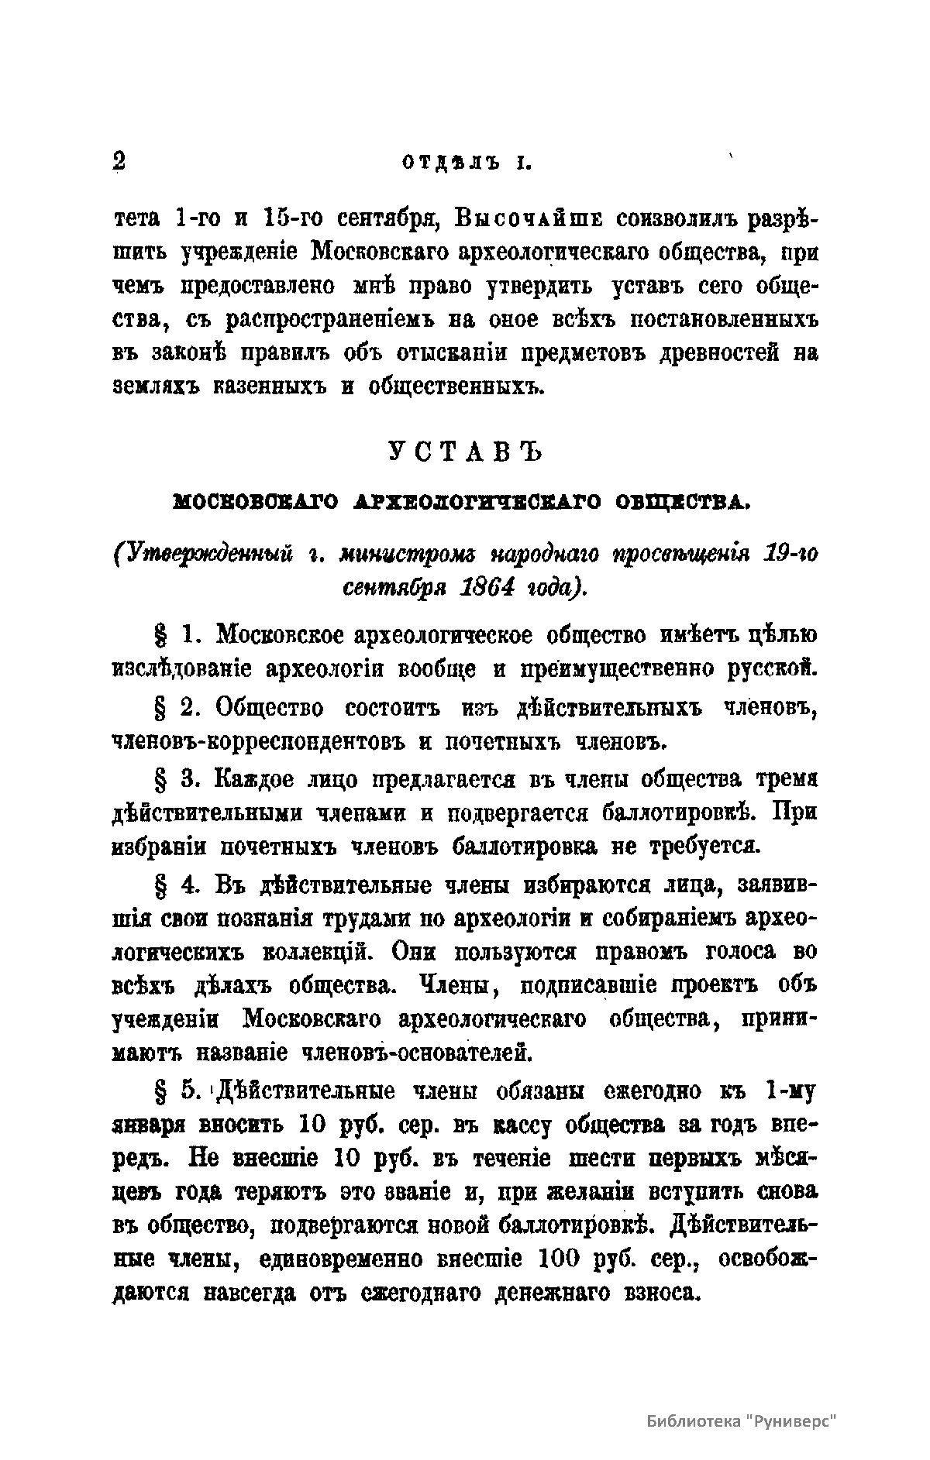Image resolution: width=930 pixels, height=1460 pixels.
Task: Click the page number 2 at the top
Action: (x=119, y=161)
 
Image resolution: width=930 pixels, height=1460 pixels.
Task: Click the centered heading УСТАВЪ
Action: (x=464, y=452)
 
